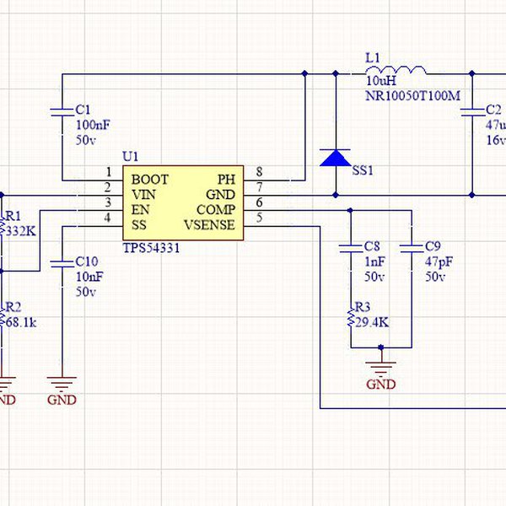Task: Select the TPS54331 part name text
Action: [x=152, y=249]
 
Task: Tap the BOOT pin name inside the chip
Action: [x=149, y=180]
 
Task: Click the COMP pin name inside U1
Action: [x=216, y=209]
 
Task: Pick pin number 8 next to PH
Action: [x=259, y=172]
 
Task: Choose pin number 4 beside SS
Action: [x=107, y=218]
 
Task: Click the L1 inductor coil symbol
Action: [x=406, y=71]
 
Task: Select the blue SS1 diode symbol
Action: [x=336, y=158]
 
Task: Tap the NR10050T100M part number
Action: [x=412, y=96]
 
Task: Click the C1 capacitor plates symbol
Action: [x=62, y=111]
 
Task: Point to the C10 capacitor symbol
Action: [x=62, y=262]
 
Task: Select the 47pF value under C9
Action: [x=438, y=261]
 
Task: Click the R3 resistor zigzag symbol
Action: [x=349, y=318]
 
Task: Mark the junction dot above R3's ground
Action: [x=381, y=347]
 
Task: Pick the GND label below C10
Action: [x=62, y=399]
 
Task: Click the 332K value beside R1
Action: [x=20, y=230]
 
